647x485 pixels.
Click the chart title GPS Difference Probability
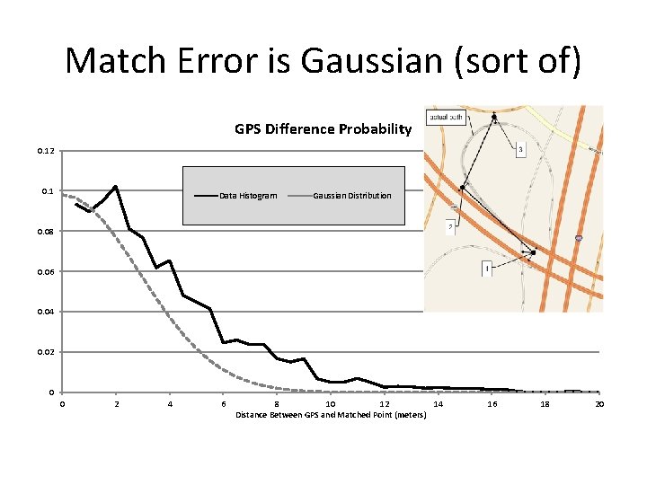[323, 129]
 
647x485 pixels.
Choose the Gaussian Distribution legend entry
[351, 196]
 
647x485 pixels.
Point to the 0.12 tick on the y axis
[46, 151]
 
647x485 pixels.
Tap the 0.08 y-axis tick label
[46, 232]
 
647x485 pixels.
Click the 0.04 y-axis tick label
[46, 312]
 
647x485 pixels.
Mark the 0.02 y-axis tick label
[46, 352]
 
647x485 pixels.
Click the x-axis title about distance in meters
[330, 415]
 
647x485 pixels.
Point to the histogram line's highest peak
[116, 187]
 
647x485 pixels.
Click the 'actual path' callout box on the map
[447, 118]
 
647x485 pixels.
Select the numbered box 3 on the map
[520, 150]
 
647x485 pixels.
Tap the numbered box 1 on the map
[486, 269]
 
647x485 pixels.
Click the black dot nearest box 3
[494, 116]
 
